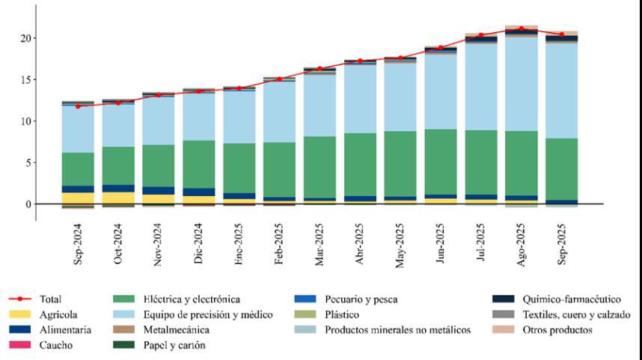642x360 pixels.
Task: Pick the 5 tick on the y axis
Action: tap(27, 162)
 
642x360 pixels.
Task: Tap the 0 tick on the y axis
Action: tap(27, 204)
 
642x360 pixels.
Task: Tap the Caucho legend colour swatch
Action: tap(22, 345)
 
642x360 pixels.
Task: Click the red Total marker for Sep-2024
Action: tap(78, 106)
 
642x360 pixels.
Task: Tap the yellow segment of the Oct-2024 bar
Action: tap(118, 198)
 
